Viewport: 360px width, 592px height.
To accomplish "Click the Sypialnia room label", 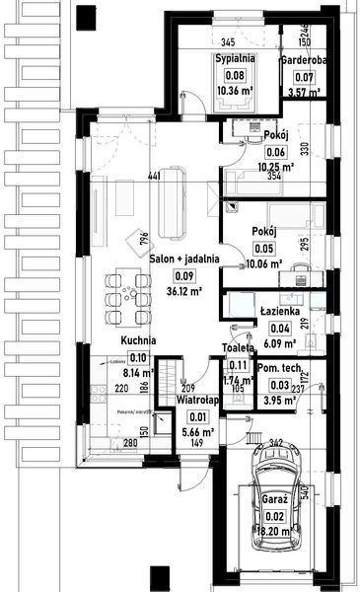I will pos(236,59).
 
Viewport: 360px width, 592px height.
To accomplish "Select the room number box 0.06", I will pos(275,152).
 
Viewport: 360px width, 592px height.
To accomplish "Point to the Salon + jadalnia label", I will pos(184,259).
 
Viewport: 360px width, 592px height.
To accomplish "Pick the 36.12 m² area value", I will pos(184,291).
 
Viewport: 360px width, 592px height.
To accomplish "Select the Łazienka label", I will pos(279,310).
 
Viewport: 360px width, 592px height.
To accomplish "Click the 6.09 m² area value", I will pos(280,344).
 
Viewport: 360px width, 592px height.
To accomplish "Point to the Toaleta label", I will pos(238,348).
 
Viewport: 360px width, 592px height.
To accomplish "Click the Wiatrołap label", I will pos(196,402).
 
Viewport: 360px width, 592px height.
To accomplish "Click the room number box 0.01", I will pos(194,417).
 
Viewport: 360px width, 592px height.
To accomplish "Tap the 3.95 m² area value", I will pos(277,401).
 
